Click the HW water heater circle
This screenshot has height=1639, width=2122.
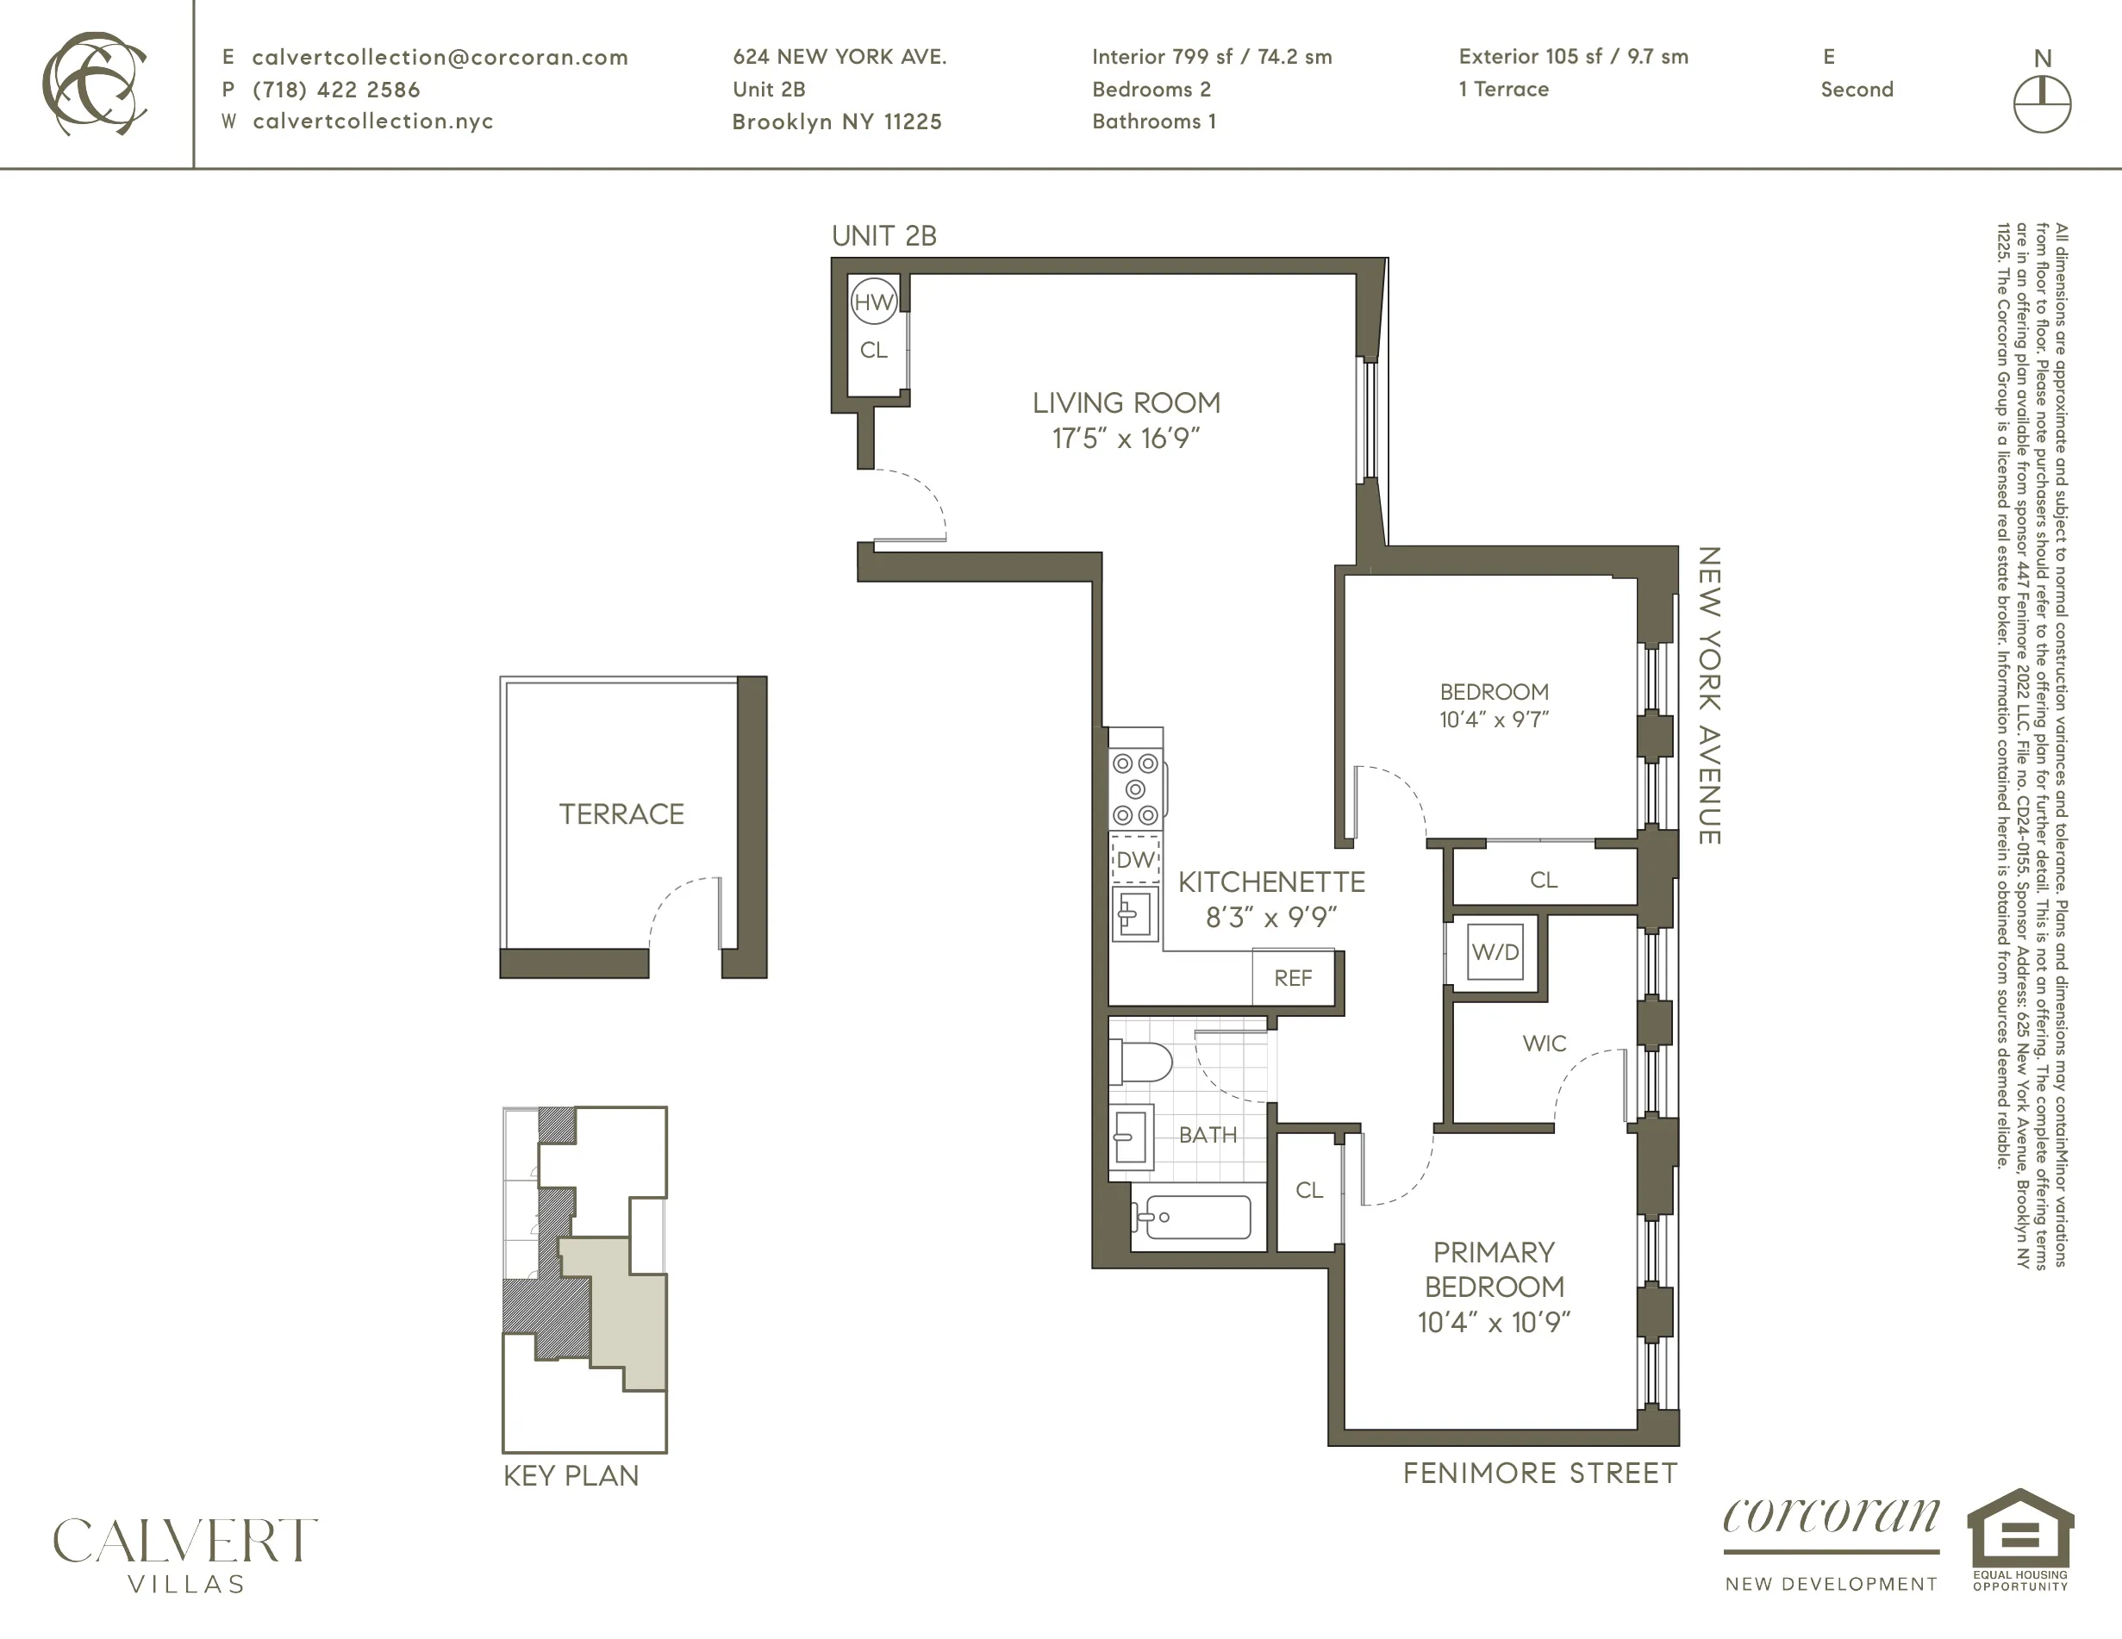tap(872, 302)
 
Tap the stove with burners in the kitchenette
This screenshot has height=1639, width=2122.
tap(1135, 788)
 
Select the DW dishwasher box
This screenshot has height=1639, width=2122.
tap(1135, 859)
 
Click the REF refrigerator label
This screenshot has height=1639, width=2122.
tap(1292, 978)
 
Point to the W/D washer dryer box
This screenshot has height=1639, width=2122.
tap(1495, 952)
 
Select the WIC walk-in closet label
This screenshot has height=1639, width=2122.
tap(1544, 1044)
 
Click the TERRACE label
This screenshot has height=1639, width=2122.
tap(621, 814)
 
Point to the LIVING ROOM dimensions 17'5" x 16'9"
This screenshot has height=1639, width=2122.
tap(1127, 438)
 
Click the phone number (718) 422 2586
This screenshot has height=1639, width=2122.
tap(336, 90)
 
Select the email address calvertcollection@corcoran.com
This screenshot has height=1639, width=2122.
tap(440, 58)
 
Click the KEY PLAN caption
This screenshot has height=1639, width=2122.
tap(571, 1476)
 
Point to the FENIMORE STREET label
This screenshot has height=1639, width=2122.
tap(1540, 1473)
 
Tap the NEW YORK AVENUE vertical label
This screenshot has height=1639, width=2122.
tap(1709, 695)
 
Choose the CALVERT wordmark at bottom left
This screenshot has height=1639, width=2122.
tap(184, 1541)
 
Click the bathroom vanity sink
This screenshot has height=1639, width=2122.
tap(1130, 1134)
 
